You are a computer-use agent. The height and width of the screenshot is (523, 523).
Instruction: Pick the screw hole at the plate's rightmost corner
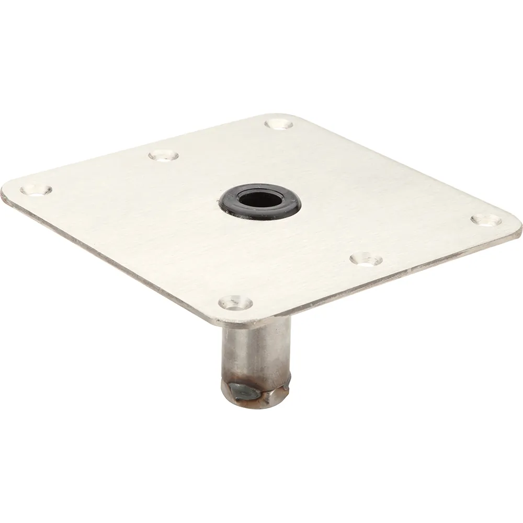coord(486,219)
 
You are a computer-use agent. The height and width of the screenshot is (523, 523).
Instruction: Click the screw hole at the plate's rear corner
coord(278,124)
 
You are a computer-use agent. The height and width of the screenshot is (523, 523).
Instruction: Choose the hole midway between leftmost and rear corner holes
coord(163,155)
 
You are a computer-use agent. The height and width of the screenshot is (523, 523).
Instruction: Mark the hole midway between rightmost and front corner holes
coord(366,258)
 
